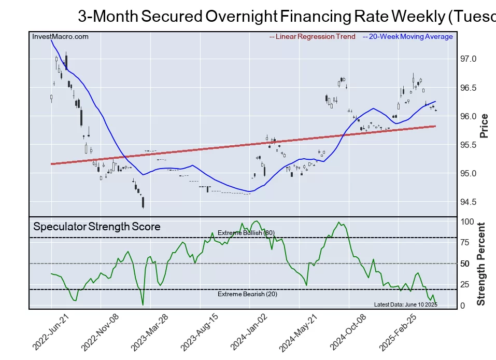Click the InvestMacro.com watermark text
pyautogui.click(x=60, y=37)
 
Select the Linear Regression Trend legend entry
pyautogui.click(x=313, y=37)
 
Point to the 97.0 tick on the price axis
pyautogui.click(x=469, y=59)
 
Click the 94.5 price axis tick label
pyautogui.click(x=469, y=202)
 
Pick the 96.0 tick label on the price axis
pyautogui.click(x=469, y=116)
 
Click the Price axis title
pyautogui.click(x=484, y=126)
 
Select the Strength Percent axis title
pyautogui.click(x=481, y=264)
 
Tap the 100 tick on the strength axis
pyautogui.click(x=467, y=221)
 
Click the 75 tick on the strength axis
pyautogui.click(x=465, y=242)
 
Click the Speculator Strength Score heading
pyautogui.click(x=97, y=227)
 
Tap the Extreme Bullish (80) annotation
pyautogui.click(x=246, y=233)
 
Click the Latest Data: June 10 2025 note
pyautogui.click(x=405, y=304)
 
